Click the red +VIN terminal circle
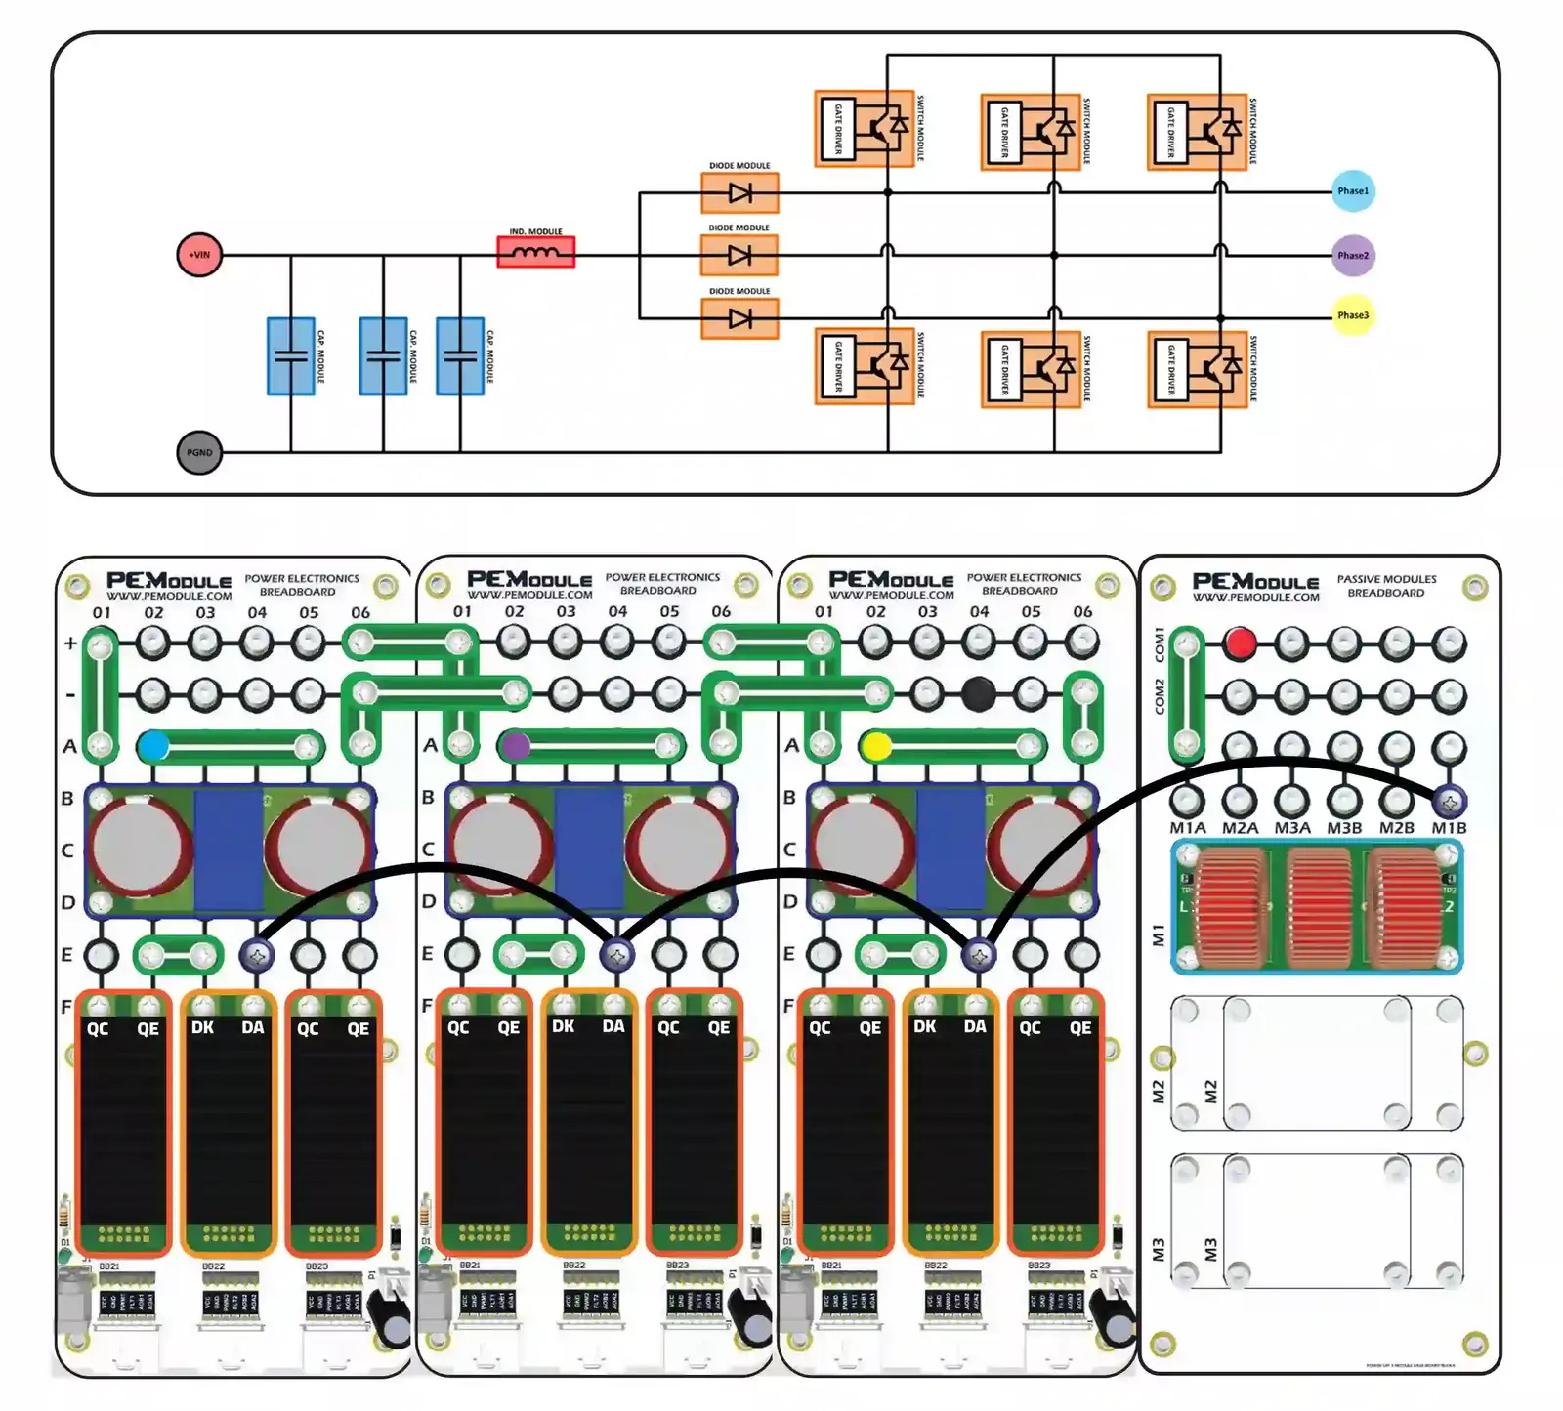pyautogui.click(x=199, y=255)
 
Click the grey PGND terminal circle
pyautogui.click(x=199, y=452)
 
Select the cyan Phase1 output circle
pyautogui.click(x=1353, y=191)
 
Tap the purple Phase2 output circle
pyautogui.click(x=1353, y=255)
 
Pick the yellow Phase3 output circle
pyautogui.click(x=1353, y=315)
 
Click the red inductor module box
pyautogui.click(x=536, y=252)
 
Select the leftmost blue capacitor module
pyautogui.click(x=291, y=355)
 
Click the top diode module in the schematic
pyautogui.click(x=740, y=193)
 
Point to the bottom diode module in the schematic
pyautogui.click(x=740, y=318)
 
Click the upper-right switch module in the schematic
pyautogui.click(x=1198, y=131)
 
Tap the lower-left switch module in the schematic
pyautogui.click(x=865, y=366)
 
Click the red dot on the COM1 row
pyautogui.click(x=1240, y=643)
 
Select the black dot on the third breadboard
pyautogui.click(x=979, y=694)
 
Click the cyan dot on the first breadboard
pyautogui.click(x=153, y=747)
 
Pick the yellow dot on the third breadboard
pyautogui.click(x=876, y=747)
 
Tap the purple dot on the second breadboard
pyautogui.click(x=516, y=747)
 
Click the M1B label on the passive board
pyautogui.click(x=1449, y=828)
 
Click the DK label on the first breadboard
pyautogui.click(x=203, y=1027)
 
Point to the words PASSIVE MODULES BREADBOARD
pyautogui.click(x=1386, y=586)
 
